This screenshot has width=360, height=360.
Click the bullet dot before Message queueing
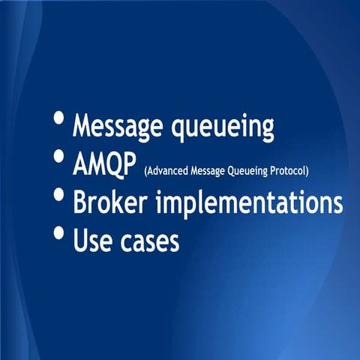point(58,119)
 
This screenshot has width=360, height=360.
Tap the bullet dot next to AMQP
point(58,157)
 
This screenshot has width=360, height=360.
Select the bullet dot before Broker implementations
point(58,196)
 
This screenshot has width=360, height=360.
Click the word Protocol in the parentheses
point(286,171)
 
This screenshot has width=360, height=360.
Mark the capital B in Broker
point(79,202)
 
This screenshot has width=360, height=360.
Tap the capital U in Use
point(80,241)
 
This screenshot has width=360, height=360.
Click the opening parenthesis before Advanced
point(145,172)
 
